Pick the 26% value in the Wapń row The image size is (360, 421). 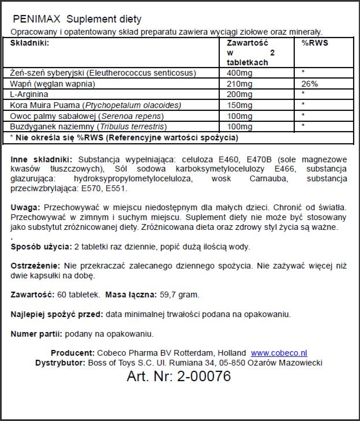[x=309, y=84]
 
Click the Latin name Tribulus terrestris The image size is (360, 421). [x=133, y=126]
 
